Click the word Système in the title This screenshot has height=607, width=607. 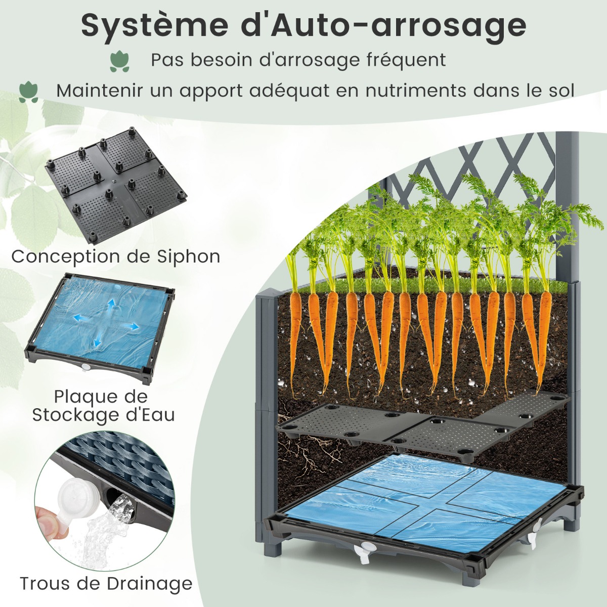click(x=155, y=26)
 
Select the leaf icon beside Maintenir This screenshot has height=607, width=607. click(x=28, y=92)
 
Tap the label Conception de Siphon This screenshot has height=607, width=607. click(x=116, y=257)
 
